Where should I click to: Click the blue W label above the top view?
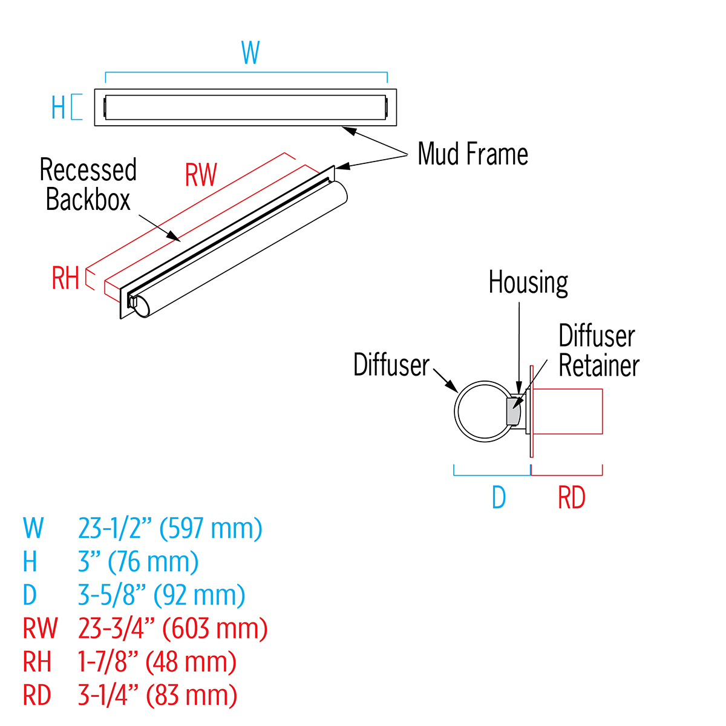pos(250,53)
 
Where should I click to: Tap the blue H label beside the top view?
pos(58,108)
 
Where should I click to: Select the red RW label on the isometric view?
pos(201,175)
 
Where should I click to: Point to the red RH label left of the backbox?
pos(65,279)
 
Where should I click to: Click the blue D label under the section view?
pos(499,498)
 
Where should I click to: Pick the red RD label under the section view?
pos(571,498)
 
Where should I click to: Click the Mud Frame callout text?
pos(473,154)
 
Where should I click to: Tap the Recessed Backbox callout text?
pos(88,185)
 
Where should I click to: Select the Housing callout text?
pos(528,283)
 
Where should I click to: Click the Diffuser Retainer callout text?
pos(598,351)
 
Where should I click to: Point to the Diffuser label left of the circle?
pos(391,365)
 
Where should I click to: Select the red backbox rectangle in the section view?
pos(567,411)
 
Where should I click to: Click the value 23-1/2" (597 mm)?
pos(170,528)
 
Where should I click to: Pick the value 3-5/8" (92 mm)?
pos(162,595)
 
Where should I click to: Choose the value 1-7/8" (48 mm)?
pos(157,662)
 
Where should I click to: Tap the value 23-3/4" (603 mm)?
pos(172,629)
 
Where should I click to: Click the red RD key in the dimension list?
pos(37,695)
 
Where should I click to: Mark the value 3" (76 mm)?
pos(138,562)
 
